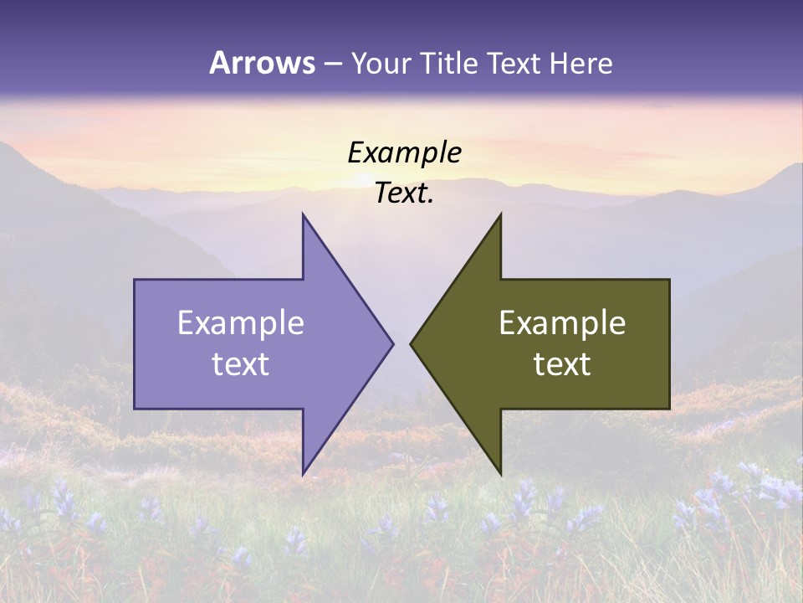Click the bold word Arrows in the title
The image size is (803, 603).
point(263,63)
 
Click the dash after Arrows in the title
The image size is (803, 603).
point(333,64)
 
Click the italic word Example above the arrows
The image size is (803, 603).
point(404,152)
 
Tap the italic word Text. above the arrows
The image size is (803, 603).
point(404,193)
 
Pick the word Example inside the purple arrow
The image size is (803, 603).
point(240,323)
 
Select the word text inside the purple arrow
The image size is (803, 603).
point(240,364)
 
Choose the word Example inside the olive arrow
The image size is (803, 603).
point(562,323)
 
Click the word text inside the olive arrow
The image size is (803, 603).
point(562,364)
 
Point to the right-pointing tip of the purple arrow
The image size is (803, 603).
point(393,343)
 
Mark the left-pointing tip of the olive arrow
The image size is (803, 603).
point(411,343)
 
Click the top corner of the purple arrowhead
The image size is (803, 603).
point(303,214)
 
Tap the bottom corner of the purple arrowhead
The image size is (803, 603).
point(303,474)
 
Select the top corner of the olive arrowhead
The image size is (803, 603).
point(501,214)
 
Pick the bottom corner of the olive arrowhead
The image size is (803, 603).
point(501,474)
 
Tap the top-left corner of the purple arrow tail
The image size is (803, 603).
point(135,280)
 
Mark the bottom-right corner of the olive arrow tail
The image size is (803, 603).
point(669,409)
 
